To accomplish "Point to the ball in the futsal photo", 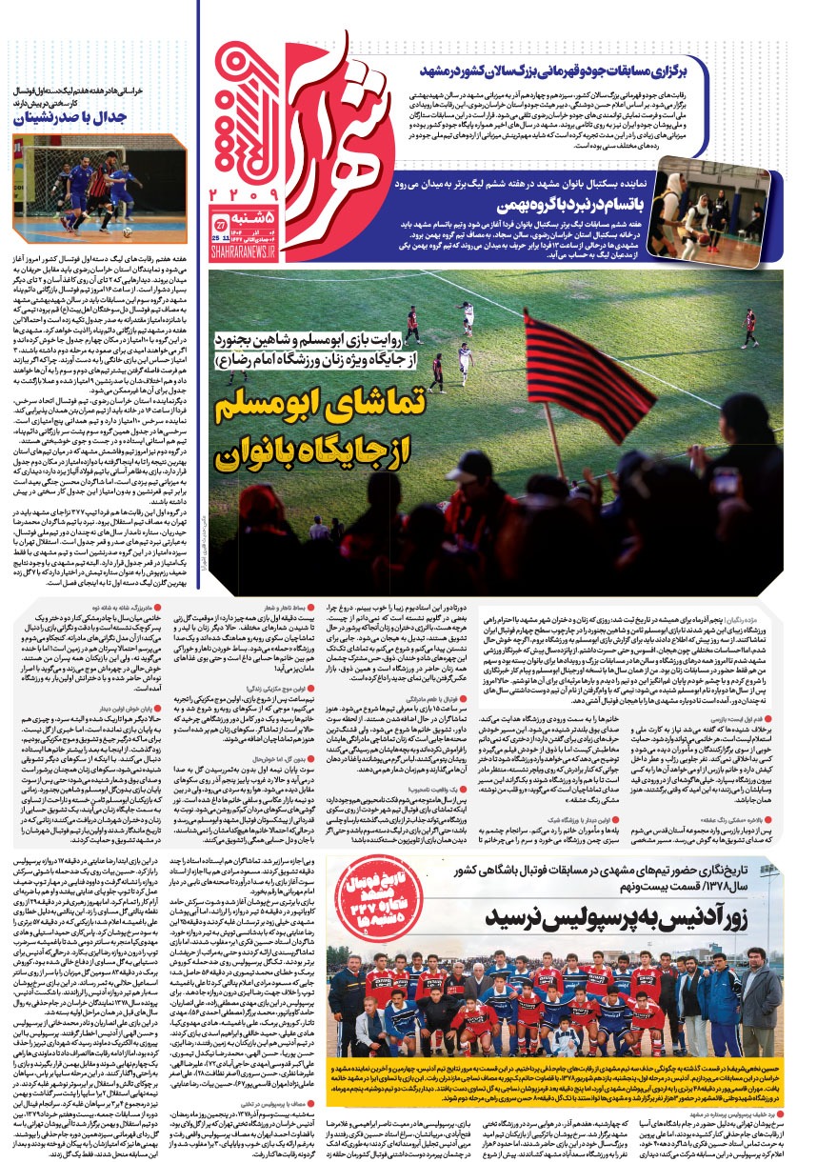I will tap(125, 230).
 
